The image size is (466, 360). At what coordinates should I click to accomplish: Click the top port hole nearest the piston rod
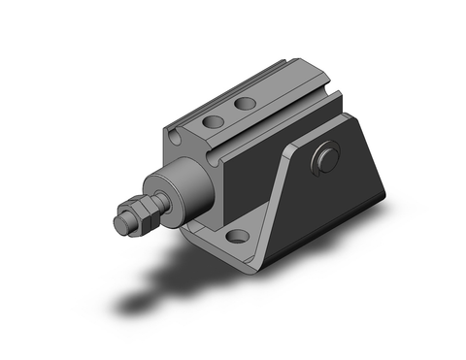tap(211, 123)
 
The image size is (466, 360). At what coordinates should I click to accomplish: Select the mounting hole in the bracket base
tap(234, 237)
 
